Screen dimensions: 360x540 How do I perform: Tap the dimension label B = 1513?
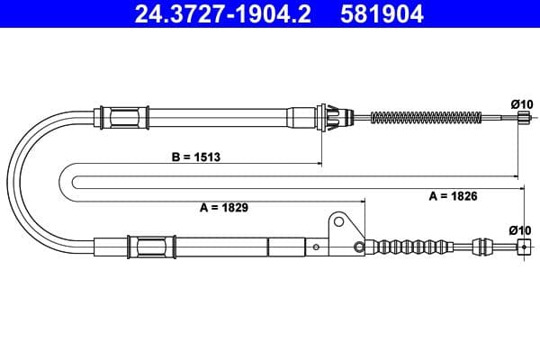pos(196,156)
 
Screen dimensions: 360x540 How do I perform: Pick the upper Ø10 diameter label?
pos(521,104)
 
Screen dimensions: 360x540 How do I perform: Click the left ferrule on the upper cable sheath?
pos(124,117)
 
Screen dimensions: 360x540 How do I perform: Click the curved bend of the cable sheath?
pos(27,180)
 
